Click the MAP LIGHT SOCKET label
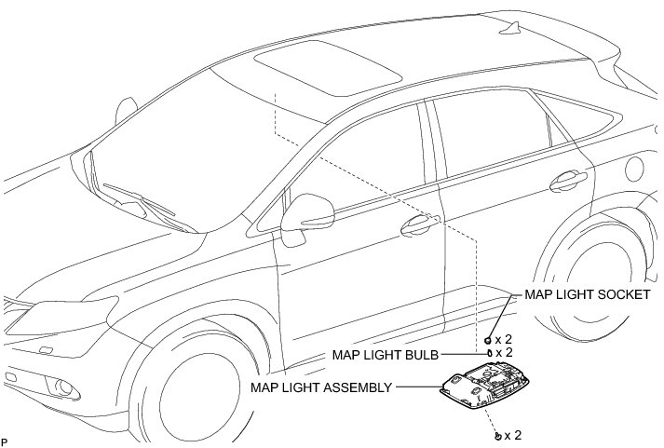[x=587, y=294]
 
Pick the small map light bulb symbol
[x=488, y=354]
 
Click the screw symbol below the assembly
[x=497, y=435]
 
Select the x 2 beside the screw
[x=514, y=435]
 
